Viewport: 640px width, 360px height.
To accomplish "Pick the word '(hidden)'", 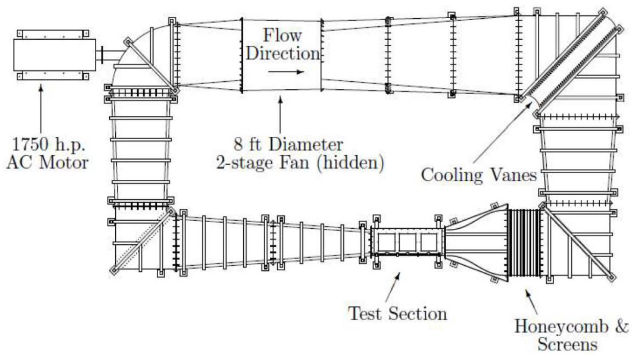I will (355, 163).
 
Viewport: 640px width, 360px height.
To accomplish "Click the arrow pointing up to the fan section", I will (280, 114).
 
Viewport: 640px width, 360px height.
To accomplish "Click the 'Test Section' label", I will (397, 312).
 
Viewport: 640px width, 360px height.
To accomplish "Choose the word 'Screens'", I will (567, 345).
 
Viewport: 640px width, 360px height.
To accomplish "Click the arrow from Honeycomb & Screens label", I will (532, 301).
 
